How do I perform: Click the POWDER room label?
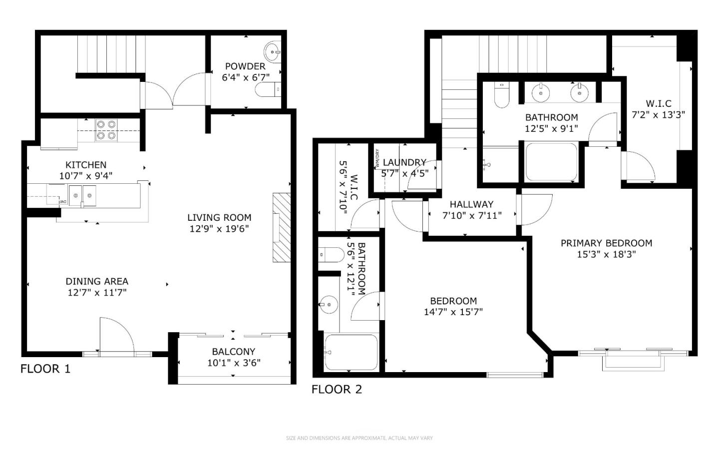pyautogui.click(x=245, y=66)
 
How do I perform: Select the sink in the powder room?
pyautogui.click(x=272, y=51)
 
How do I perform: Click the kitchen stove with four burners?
pyautogui.click(x=106, y=130)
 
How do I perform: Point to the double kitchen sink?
pyautogui.click(x=82, y=195)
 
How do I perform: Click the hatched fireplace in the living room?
pyautogui.click(x=281, y=227)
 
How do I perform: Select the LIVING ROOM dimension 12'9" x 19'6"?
pyautogui.click(x=219, y=229)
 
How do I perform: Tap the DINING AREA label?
pyautogui.click(x=97, y=281)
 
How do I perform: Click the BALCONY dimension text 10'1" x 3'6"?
pyautogui.click(x=234, y=363)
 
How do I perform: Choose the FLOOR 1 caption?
pyautogui.click(x=45, y=369)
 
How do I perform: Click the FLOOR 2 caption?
pyautogui.click(x=337, y=390)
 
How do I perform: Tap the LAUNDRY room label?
pyautogui.click(x=404, y=163)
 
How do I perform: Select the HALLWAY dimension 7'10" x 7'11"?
pyautogui.click(x=472, y=215)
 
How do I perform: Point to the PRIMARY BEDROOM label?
pyautogui.click(x=606, y=243)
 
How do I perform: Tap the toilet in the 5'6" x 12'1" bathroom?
pyautogui.click(x=330, y=255)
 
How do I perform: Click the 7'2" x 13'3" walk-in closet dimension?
pyautogui.click(x=658, y=114)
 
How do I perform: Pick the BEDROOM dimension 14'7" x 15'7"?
pyautogui.click(x=453, y=312)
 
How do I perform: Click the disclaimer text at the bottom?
pyautogui.click(x=359, y=438)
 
